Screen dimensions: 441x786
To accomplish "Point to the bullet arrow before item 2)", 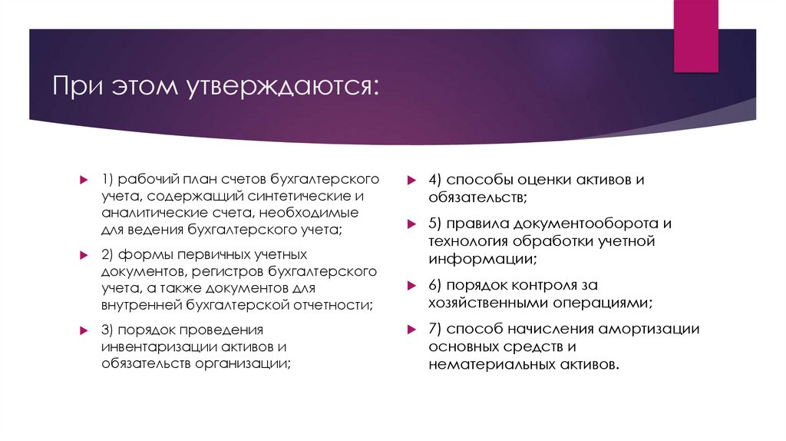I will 84,255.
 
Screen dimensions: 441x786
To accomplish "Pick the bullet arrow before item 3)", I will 84,330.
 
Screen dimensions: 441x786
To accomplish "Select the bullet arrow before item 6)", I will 412,285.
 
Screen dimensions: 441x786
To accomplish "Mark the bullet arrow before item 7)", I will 412,330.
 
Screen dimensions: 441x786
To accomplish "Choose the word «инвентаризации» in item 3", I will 147,346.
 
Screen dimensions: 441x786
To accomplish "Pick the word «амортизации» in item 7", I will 649,329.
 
